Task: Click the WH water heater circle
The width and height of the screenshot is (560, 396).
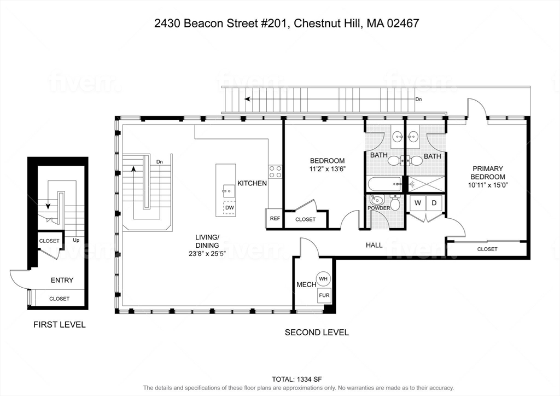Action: (323, 279)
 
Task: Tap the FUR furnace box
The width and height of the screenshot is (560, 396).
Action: (323, 296)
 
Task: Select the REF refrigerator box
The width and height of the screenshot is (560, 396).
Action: (275, 218)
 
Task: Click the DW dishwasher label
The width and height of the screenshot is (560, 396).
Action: (230, 208)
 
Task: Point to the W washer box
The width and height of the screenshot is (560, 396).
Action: (418, 203)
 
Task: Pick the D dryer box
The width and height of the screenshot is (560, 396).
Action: (434, 203)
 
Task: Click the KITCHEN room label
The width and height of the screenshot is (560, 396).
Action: (252, 183)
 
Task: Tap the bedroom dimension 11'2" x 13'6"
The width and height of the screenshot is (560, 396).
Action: (327, 169)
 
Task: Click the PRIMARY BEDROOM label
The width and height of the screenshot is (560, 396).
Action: (488, 173)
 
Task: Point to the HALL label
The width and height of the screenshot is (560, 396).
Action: (374, 245)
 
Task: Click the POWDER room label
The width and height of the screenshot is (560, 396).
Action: (379, 208)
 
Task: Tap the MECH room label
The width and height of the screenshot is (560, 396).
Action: (306, 284)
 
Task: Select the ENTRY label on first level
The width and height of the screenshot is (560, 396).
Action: (62, 280)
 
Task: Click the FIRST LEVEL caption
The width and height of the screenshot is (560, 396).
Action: (60, 324)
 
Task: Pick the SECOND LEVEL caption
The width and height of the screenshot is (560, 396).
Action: (317, 332)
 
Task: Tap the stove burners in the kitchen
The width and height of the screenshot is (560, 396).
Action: (275, 172)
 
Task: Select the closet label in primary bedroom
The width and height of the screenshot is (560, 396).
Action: (487, 249)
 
